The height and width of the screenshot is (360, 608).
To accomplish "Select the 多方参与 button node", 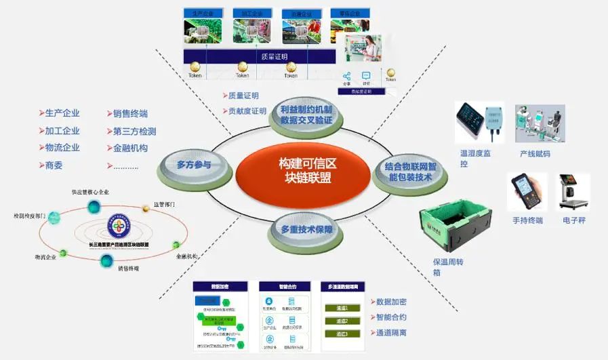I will [194, 165].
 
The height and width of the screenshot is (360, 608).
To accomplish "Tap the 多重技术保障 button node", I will [307, 230].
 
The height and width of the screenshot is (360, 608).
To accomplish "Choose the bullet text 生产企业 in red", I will [62, 113].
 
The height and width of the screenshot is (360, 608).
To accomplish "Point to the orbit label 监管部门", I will [164, 203].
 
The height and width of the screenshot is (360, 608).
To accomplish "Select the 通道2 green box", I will [342, 321].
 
